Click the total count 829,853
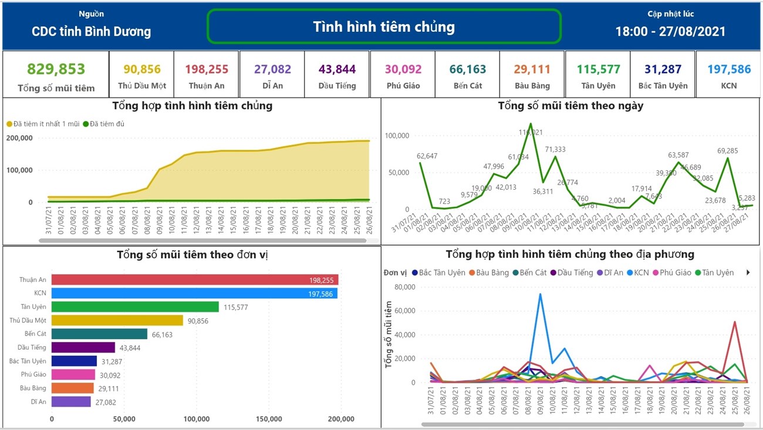tap(56, 69)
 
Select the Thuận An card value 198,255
tap(207, 69)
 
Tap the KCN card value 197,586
tap(729, 69)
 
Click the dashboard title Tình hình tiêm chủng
tap(384, 26)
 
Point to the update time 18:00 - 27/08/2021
tap(670, 32)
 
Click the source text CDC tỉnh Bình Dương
tap(91, 32)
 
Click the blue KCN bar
tap(194, 293)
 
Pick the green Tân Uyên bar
tap(135, 307)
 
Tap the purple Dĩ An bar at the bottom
tap(71, 402)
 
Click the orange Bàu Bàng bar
tap(72, 388)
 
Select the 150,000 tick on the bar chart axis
tap(269, 419)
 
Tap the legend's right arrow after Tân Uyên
tap(748, 273)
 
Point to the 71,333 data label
tap(555, 150)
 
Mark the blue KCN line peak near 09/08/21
tap(539, 294)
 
